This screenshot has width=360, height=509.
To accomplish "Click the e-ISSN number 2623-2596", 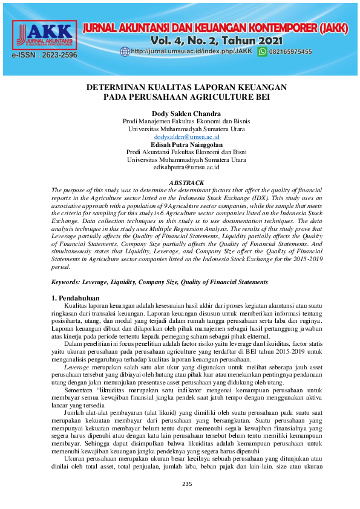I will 45,55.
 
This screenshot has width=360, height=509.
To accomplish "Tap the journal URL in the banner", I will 191,52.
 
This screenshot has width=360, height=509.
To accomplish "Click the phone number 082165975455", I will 290,52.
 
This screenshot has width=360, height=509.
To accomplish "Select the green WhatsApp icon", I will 262,52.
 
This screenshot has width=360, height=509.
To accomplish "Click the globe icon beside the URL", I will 125,52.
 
